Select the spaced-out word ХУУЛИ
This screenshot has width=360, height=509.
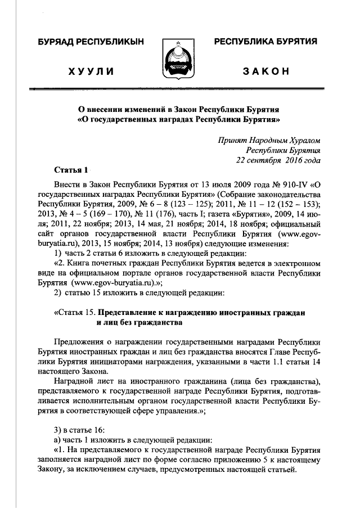click(x=91, y=71)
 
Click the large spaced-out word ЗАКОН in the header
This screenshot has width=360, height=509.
click(x=266, y=71)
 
